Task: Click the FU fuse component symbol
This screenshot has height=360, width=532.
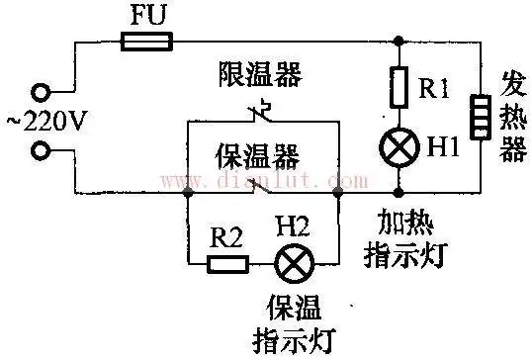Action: click(146, 41)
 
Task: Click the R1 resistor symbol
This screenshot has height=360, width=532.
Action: click(399, 88)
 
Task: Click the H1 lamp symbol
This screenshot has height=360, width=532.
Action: click(399, 148)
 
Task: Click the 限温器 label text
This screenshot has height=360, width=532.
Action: click(262, 76)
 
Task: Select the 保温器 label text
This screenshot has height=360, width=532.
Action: click(259, 154)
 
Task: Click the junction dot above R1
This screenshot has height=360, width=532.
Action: click(399, 42)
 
